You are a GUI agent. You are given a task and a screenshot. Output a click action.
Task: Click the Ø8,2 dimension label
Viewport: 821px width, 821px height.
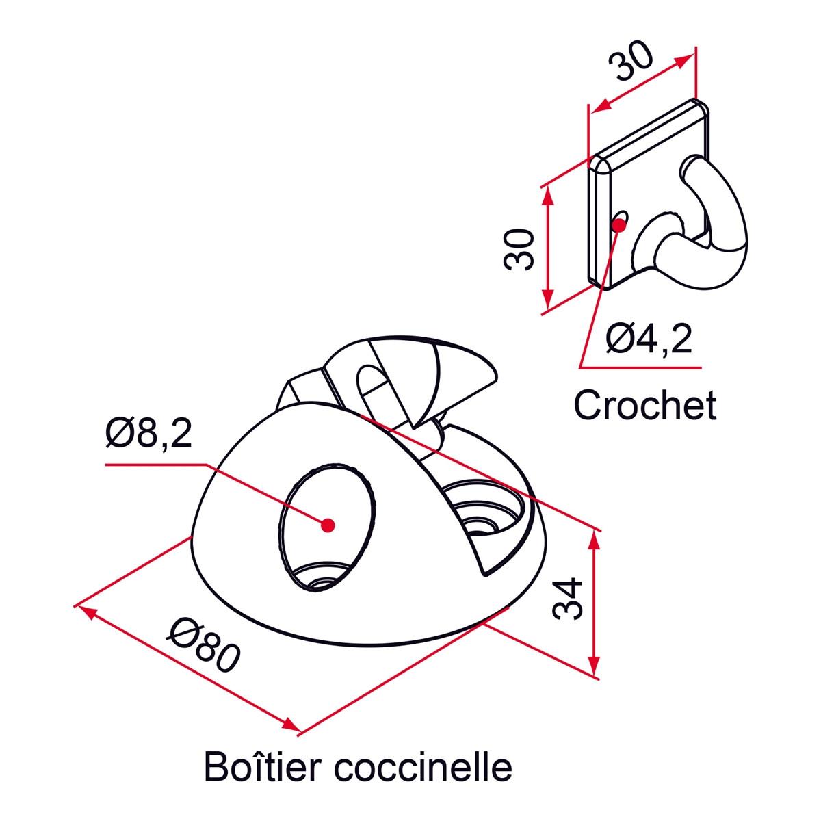coord(148,433)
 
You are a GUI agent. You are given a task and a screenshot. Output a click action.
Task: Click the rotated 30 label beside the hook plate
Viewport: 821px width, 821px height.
coord(519,250)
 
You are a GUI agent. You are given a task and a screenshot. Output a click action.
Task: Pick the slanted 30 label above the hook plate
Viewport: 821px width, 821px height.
coord(630,62)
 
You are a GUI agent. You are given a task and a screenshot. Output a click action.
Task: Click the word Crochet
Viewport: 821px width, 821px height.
coord(645,405)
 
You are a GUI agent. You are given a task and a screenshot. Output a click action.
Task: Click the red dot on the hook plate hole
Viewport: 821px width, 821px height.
coord(618,224)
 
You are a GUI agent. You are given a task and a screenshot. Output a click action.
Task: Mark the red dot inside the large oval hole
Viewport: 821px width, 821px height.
coord(328,525)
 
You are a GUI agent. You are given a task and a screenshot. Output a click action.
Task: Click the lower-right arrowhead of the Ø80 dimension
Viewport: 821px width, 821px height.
coord(291,725)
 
